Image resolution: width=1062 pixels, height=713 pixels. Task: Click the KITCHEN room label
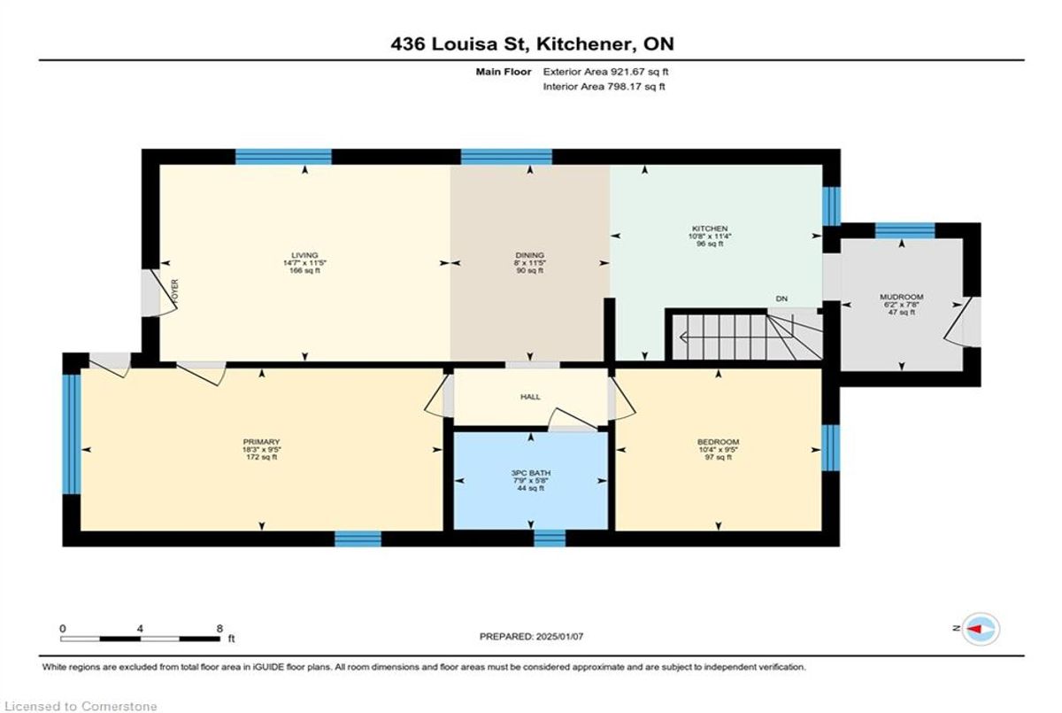[x=709, y=229]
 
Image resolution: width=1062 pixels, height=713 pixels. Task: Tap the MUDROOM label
[x=901, y=297]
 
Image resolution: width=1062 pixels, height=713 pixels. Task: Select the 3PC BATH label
[x=530, y=473]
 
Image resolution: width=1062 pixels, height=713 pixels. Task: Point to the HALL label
[x=530, y=397]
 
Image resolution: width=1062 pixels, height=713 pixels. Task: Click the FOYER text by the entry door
[x=175, y=291]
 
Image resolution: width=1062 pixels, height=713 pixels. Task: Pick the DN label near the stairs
[x=781, y=298]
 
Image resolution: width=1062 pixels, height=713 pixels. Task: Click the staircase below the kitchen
[x=746, y=336]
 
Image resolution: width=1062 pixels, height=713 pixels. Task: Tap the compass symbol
[x=981, y=629]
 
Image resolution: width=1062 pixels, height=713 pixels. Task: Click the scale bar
[x=141, y=639]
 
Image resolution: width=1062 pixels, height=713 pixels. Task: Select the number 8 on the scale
[x=219, y=629]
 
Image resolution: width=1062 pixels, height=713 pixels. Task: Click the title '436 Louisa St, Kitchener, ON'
[x=532, y=44]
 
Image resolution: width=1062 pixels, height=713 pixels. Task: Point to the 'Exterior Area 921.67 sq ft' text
[x=605, y=72]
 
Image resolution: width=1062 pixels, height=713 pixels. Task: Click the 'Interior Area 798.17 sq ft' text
[x=604, y=86]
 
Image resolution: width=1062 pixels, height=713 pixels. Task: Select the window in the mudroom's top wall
[x=904, y=230]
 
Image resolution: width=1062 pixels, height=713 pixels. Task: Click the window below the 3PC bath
[x=550, y=539]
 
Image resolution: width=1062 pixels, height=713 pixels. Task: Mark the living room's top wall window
[x=283, y=157]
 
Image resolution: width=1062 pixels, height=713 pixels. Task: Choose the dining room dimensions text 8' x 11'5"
[x=530, y=263]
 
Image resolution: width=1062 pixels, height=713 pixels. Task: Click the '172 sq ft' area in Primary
[x=261, y=457]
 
